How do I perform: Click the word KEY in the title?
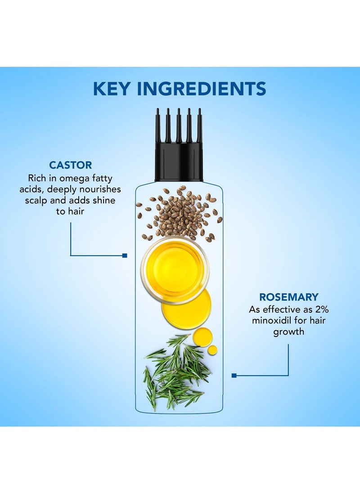pyautogui.click(x=112, y=89)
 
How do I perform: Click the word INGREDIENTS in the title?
pyautogui.click(x=202, y=89)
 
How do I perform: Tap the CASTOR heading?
pyautogui.click(x=71, y=165)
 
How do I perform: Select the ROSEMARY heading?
pyautogui.click(x=288, y=297)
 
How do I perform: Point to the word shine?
pyautogui.click(x=104, y=200)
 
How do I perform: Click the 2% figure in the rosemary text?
pyautogui.click(x=322, y=309)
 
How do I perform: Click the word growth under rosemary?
pyautogui.click(x=288, y=332)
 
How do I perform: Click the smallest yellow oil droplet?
pyautogui.click(x=212, y=350)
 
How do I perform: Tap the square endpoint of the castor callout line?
pyautogui.click(x=125, y=255)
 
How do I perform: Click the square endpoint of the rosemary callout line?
pyautogui.click(x=234, y=376)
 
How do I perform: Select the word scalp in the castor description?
pyautogui.click(x=36, y=201)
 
